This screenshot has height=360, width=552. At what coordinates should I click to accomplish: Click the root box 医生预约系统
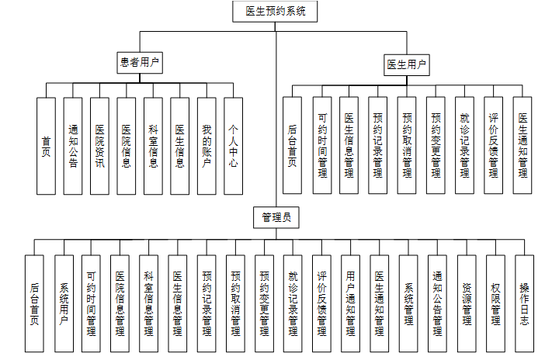point(276,12)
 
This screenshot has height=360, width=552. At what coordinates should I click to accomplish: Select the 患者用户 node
point(141,61)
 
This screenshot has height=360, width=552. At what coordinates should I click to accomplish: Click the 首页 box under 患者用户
point(47,145)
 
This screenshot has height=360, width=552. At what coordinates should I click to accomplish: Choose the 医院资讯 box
point(100,145)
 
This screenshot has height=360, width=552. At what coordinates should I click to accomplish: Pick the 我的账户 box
point(207,145)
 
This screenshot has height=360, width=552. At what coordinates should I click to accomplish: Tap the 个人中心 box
point(234,145)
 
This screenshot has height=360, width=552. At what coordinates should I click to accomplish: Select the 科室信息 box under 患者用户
point(154,145)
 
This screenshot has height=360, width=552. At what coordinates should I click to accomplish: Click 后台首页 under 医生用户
point(293,145)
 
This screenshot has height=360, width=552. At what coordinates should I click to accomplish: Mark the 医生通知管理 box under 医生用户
point(522,145)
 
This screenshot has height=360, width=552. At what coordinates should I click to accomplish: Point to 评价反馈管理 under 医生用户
point(494,145)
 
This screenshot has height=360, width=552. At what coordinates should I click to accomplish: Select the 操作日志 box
point(524,303)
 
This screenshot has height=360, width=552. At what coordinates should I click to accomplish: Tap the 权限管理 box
point(495,303)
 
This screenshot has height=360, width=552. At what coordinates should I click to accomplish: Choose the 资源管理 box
point(467,303)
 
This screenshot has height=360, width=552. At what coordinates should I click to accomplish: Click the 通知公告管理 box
point(438,303)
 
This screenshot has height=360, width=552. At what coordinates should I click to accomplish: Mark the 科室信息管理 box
point(149,303)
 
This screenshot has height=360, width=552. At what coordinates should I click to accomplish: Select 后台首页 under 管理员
point(35,303)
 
